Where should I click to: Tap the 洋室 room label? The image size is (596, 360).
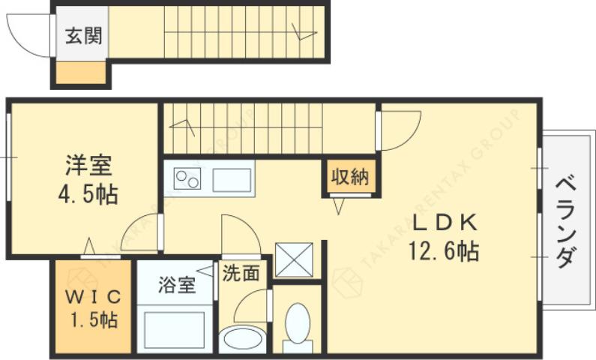point(87,164)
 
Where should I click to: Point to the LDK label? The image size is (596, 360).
point(443,223)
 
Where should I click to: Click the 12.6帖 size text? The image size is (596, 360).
point(443,250)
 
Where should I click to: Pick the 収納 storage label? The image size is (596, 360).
point(349,177)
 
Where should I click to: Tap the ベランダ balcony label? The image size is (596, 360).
point(567,222)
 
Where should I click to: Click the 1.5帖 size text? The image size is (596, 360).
point(94,321)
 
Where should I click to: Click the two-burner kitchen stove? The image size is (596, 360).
point(187,180)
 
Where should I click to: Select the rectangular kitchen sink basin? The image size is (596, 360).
point(232,180)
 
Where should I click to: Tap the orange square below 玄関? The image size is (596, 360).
point(82,73)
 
